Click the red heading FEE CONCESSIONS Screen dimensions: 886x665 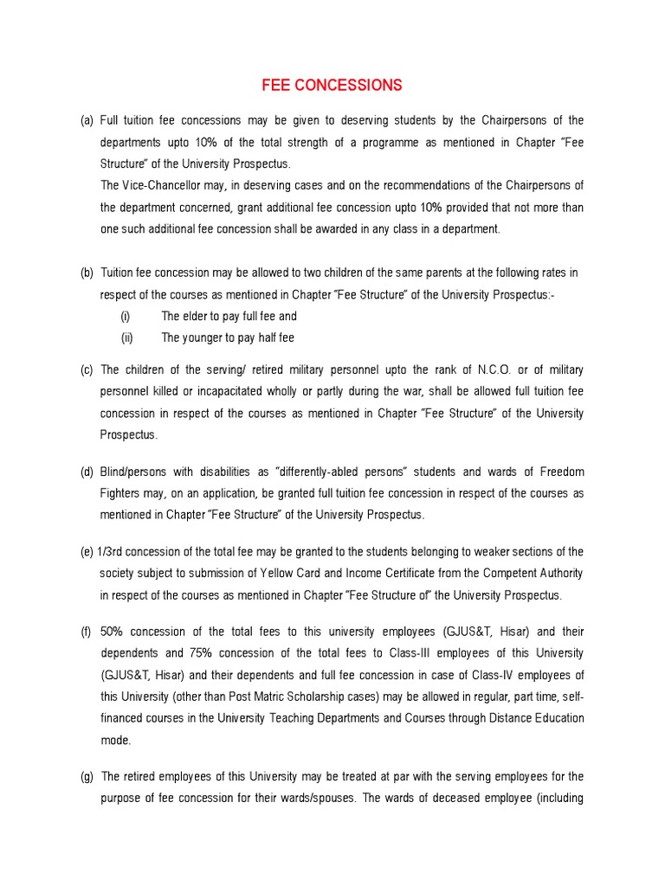(332, 85)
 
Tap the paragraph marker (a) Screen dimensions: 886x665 (87, 120)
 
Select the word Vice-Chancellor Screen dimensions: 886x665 (156, 184)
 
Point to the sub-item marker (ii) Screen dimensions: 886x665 (126, 337)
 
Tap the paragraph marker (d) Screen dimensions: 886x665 (87, 472)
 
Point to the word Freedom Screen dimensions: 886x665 (562, 472)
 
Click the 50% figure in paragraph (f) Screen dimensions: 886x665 (114, 631)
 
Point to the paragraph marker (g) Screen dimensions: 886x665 (87, 776)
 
